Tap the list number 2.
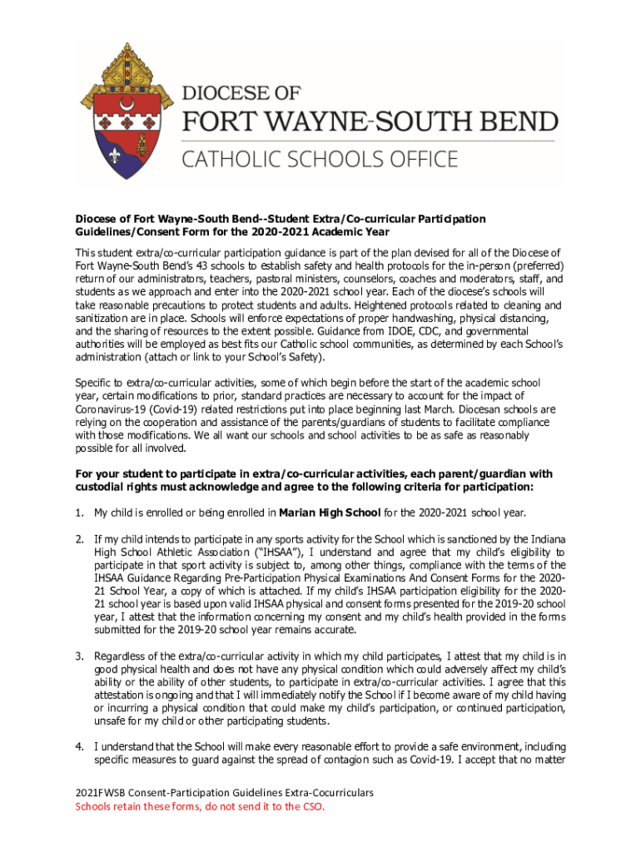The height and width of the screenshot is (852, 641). [x=79, y=538]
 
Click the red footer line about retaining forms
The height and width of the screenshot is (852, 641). [x=201, y=806]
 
